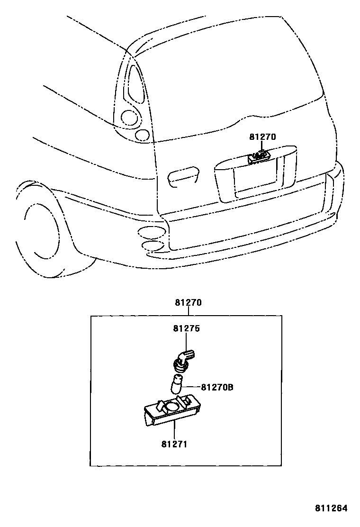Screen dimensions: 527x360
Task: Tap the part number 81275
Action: pyautogui.click(x=187, y=328)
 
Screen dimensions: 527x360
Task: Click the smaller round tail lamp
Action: pyautogui.click(x=142, y=135)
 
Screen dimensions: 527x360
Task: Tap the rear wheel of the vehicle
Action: pyautogui.click(x=40, y=232)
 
